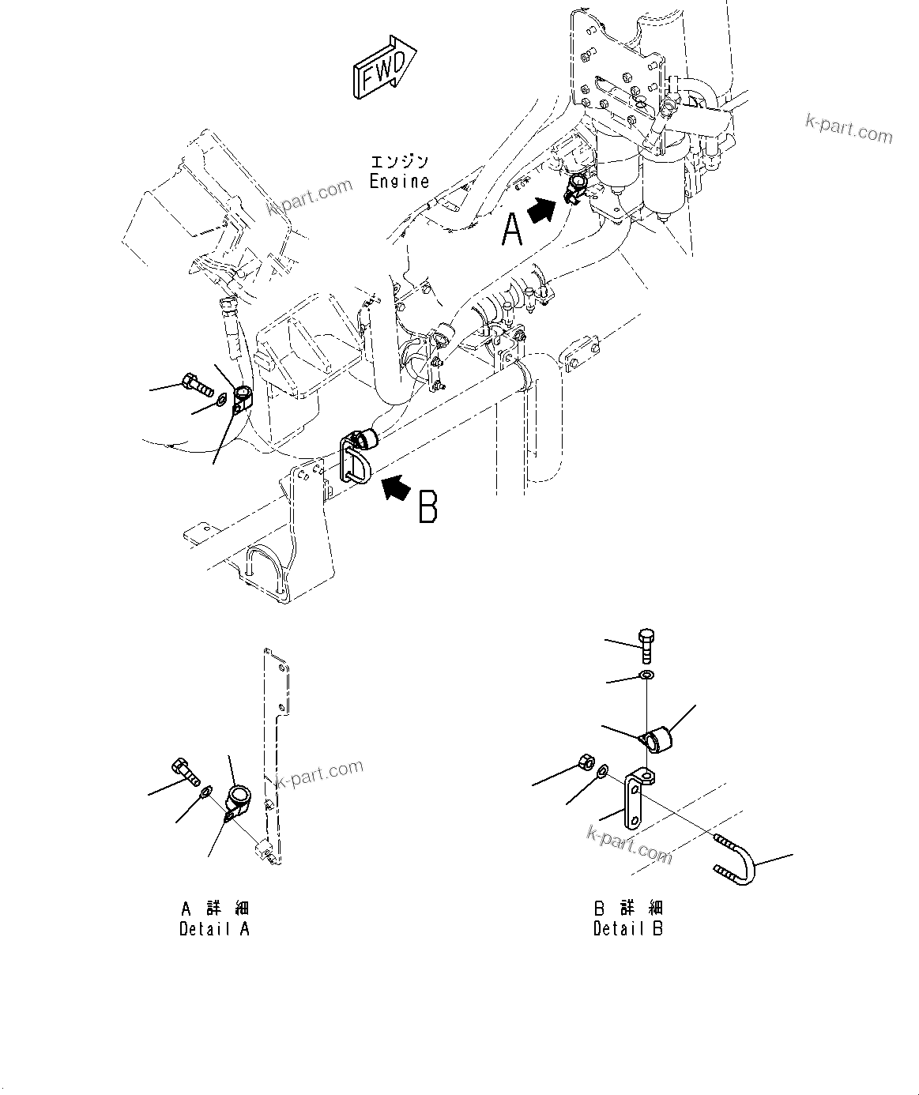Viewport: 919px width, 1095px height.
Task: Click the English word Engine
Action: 400,181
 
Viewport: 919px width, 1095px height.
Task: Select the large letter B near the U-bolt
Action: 427,507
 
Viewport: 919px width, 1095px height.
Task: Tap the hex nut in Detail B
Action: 586,763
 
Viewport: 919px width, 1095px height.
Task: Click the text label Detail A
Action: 214,929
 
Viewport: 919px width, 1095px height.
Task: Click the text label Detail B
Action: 628,929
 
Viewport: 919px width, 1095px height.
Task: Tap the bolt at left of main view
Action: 194,385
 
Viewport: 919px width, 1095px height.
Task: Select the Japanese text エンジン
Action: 400,162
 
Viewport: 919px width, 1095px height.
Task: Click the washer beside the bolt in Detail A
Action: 205,792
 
